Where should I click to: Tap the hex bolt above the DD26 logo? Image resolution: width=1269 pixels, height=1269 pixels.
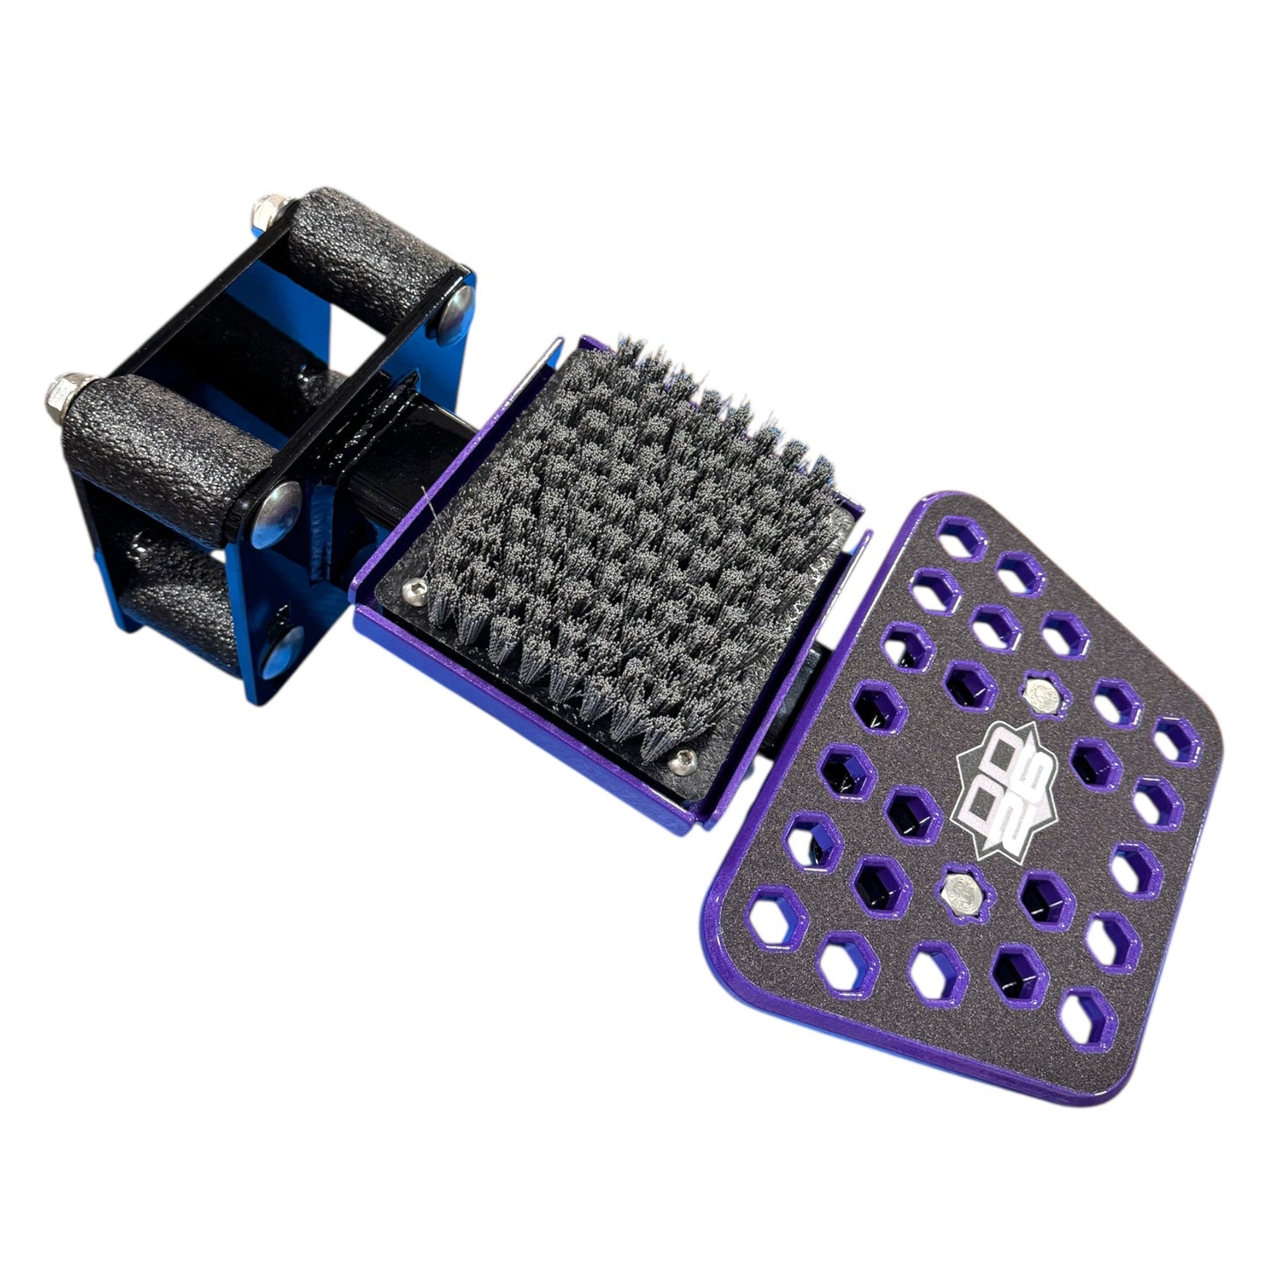coord(1041,694)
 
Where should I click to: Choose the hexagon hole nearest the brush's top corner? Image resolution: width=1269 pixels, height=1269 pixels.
coord(962,537)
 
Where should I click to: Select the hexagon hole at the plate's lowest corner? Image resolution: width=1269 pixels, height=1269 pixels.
coord(1086,1020)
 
